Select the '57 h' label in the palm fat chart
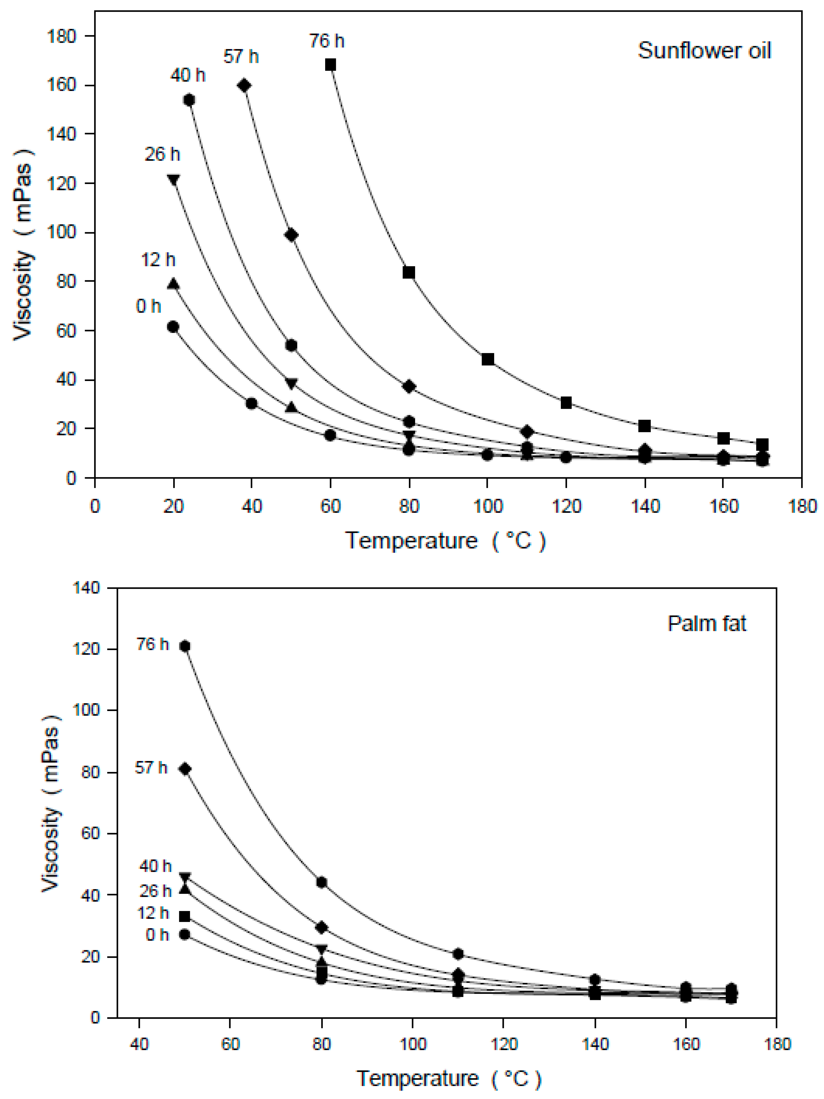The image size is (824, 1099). point(151,767)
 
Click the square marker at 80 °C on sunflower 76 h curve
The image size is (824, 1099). point(409,272)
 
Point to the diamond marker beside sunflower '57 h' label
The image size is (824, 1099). point(244,85)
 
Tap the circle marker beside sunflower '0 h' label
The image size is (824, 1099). point(173,326)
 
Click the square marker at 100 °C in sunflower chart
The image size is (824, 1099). point(488,359)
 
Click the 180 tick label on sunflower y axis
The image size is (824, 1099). point(61,36)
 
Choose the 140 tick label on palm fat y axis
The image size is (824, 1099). point(86,588)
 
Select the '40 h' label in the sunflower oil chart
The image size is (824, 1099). point(188,75)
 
